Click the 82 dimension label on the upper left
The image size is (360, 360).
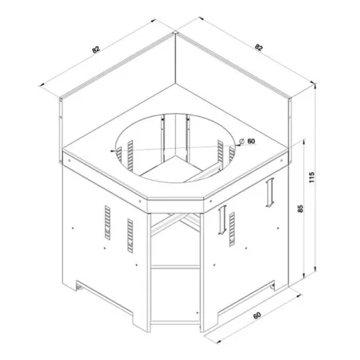coord(96,50)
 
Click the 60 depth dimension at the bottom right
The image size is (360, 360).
coord(257,316)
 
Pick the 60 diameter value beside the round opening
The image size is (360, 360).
coord(251,142)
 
